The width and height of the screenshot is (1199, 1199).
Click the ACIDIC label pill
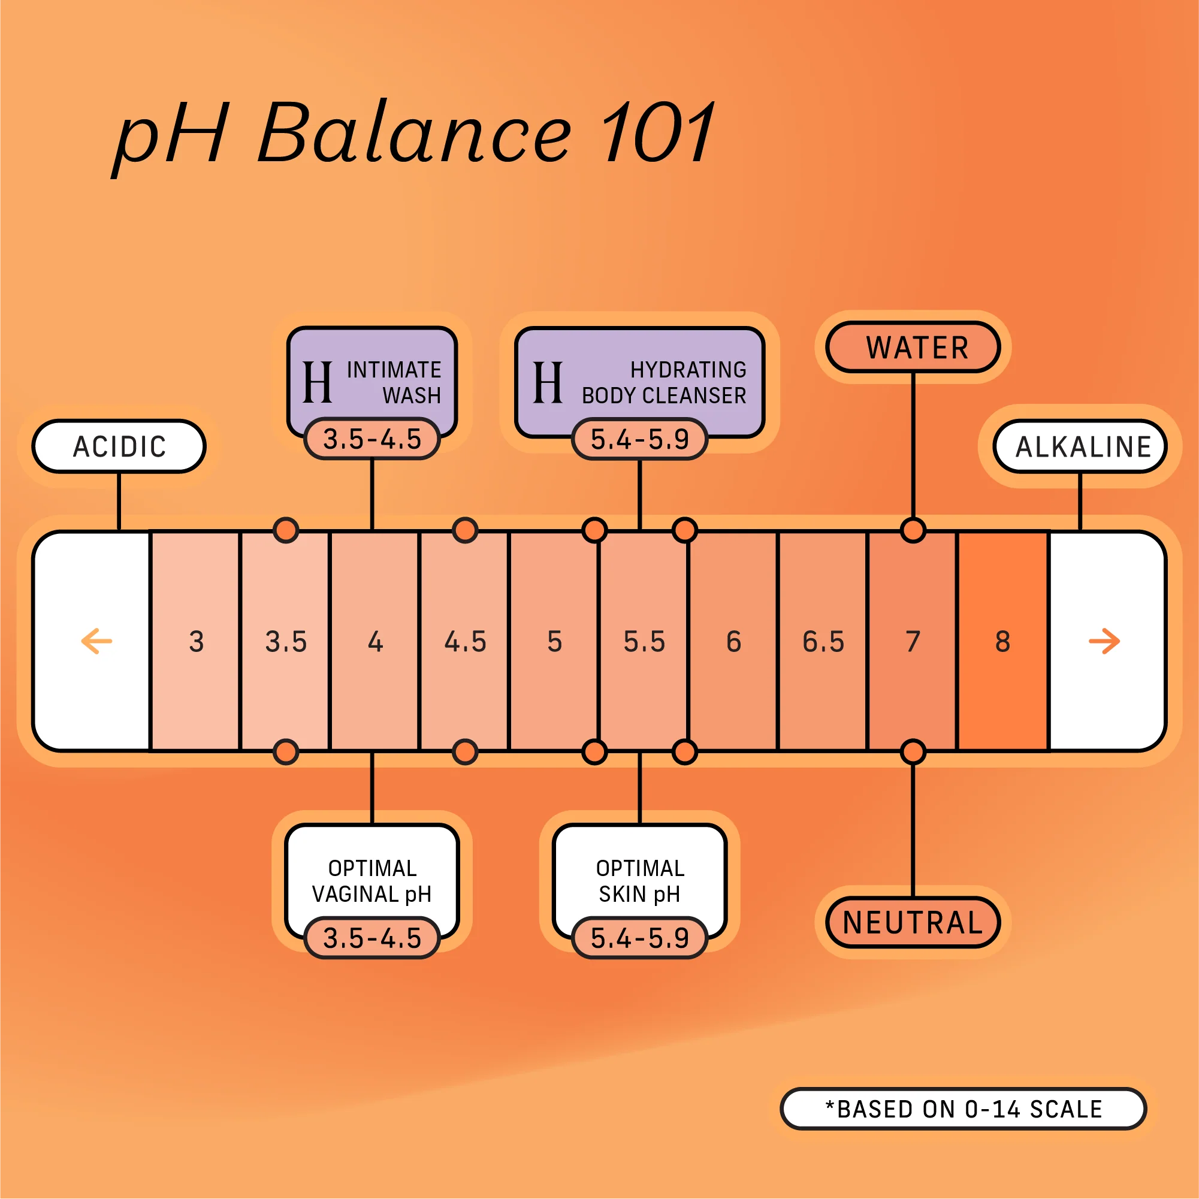point(119,446)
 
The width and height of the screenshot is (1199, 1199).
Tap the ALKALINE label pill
point(1080,446)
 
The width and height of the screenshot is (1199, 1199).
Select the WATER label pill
point(913,348)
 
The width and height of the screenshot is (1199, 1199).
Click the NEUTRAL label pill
point(913,922)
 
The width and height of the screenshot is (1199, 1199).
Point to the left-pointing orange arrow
point(97,641)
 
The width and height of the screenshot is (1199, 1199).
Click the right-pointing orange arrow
point(1104,641)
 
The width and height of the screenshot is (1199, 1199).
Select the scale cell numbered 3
point(196,641)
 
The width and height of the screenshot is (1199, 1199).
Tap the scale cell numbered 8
point(1002,641)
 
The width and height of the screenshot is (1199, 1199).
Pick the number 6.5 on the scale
point(823,641)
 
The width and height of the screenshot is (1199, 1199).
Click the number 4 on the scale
point(375,641)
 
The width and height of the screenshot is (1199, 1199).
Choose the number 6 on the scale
point(733,641)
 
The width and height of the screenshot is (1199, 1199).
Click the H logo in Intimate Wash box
point(317,382)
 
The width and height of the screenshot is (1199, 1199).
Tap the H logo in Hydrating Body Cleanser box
point(548,382)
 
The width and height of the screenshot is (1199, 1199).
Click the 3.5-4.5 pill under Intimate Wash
point(372,439)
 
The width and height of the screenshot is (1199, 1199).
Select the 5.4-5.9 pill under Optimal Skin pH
point(639,938)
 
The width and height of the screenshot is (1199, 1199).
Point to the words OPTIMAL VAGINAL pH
point(372,881)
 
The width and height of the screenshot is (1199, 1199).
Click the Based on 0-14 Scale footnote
point(963,1109)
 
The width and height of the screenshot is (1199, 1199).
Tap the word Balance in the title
point(414,134)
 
